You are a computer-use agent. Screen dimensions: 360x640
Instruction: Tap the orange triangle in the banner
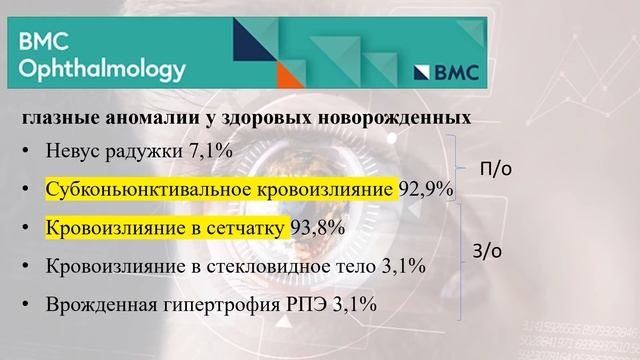tap(290, 73)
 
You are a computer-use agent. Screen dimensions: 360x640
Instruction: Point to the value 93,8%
tap(318, 227)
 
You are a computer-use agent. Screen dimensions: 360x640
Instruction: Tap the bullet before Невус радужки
tap(25, 153)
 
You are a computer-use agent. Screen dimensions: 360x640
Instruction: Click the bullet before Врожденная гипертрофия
tap(25, 303)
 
